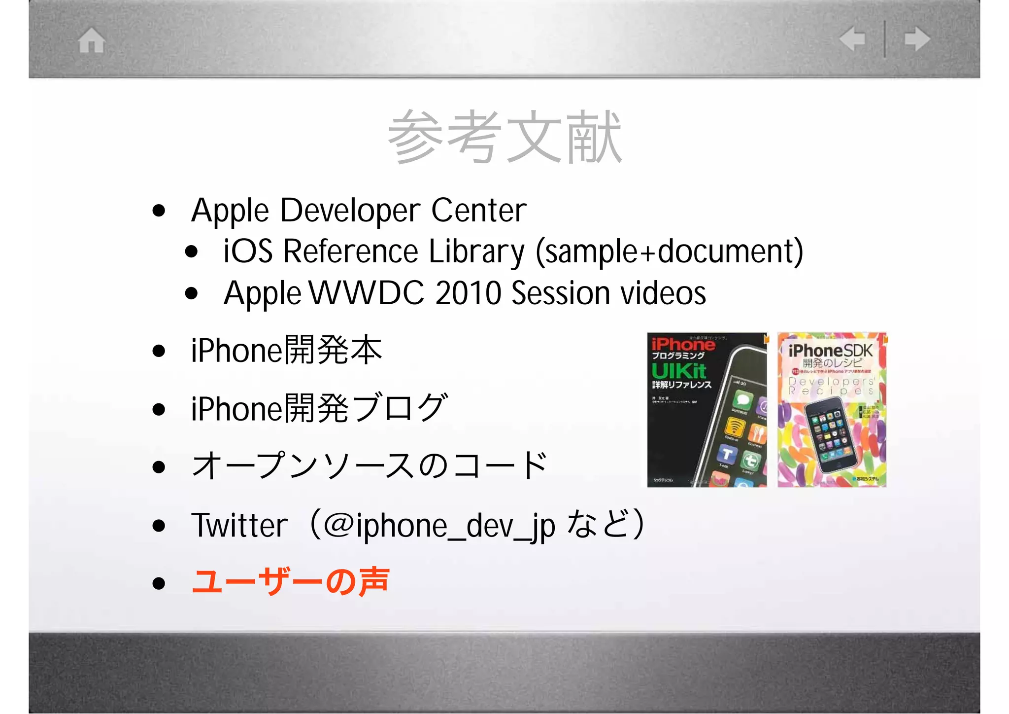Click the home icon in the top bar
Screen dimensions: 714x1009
point(92,40)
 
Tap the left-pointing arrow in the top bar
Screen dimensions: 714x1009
point(852,39)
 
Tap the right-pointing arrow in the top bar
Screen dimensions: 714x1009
point(917,39)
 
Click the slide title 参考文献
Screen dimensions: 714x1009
point(504,137)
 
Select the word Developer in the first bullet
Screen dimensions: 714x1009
point(351,211)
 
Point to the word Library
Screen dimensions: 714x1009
point(476,252)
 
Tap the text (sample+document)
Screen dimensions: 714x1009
point(669,252)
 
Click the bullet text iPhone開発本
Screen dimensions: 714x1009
point(286,350)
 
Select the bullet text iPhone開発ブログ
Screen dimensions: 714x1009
point(319,408)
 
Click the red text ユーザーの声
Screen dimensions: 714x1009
point(291,582)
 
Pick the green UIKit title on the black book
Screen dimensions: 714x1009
point(679,371)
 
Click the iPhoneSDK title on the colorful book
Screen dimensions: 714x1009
point(830,351)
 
